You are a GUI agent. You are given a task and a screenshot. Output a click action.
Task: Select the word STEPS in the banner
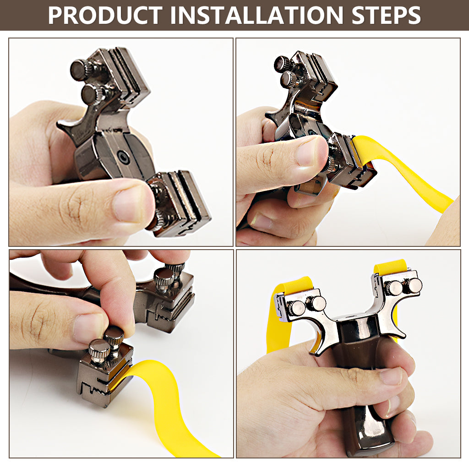tap(386, 15)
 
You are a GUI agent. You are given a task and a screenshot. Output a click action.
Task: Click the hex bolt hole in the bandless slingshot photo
tap(123, 156)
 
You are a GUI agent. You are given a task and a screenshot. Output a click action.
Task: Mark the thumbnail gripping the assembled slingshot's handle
tap(390, 375)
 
